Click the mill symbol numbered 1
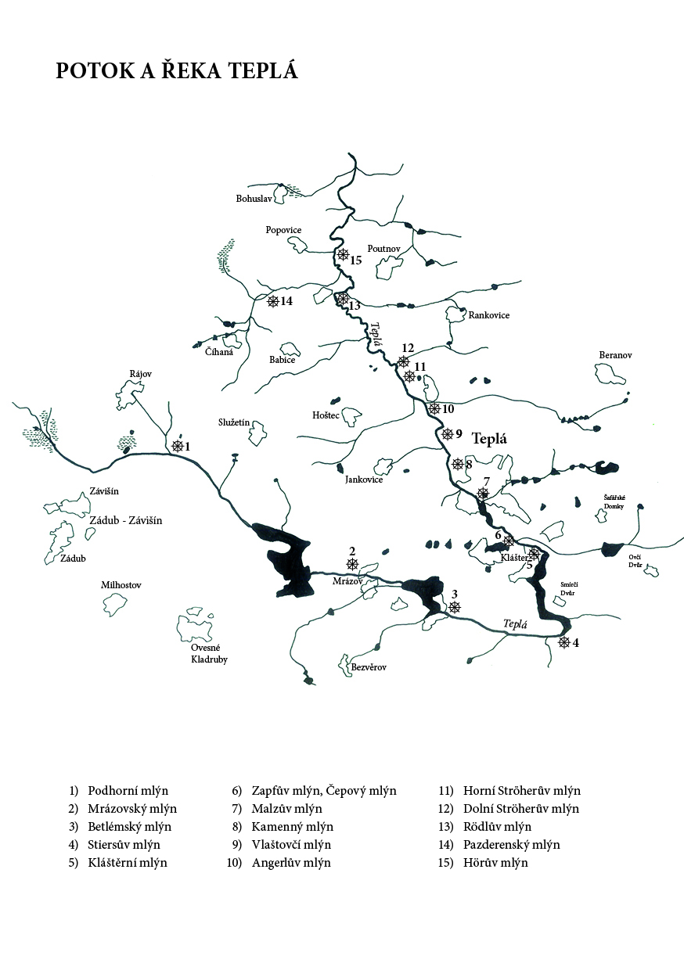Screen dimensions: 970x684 coord(178,446)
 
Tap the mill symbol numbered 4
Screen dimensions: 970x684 coord(563,642)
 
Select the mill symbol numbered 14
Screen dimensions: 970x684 coord(273,301)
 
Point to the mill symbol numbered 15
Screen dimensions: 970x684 coord(343,254)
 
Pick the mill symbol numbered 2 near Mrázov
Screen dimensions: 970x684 coord(352,564)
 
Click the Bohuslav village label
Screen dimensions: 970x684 coord(254,199)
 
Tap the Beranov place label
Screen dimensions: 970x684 coord(615,355)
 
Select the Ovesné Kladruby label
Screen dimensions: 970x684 coord(210,653)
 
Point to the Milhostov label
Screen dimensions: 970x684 coord(121,585)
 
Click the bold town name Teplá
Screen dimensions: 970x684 coord(489,439)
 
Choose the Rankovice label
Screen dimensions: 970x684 coord(489,315)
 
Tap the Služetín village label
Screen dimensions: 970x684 coord(234,422)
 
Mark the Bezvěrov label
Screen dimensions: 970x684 coord(369,667)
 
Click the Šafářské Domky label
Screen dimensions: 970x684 coord(614,501)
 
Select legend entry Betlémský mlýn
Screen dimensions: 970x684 coord(129,827)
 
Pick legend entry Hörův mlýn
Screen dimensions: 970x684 coord(495,863)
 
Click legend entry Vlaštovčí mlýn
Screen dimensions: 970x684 coord(291,845)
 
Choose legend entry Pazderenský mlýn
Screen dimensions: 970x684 coord(512,845)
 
